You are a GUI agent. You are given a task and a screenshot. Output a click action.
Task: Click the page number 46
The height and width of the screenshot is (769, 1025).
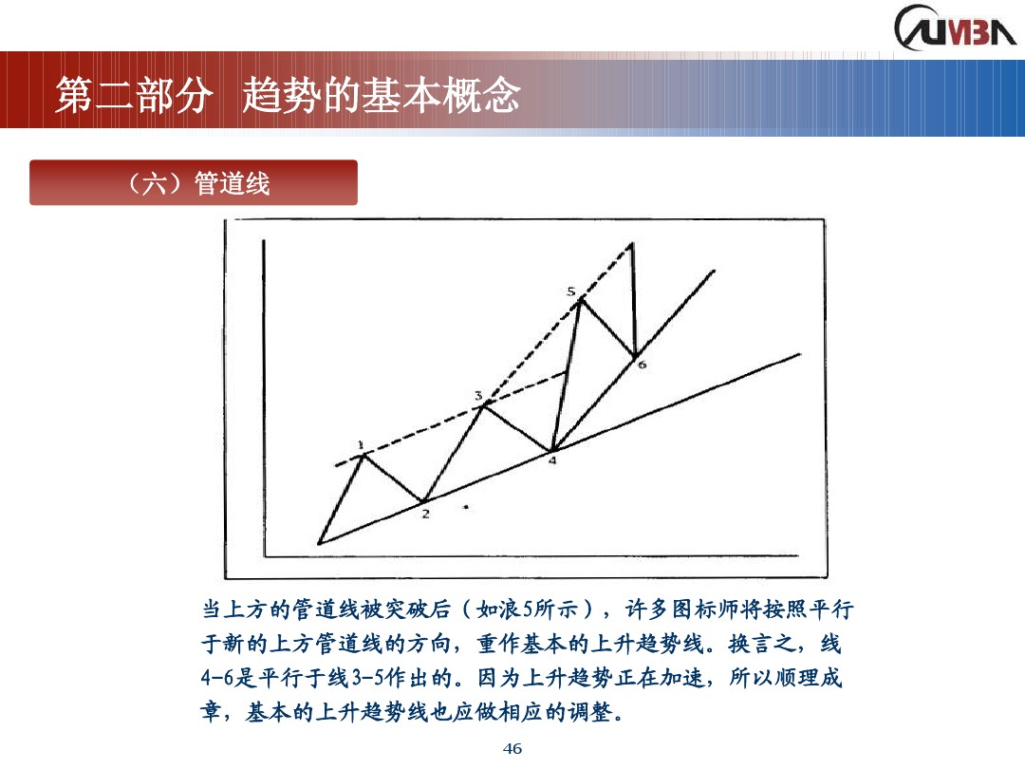tap(512, 749)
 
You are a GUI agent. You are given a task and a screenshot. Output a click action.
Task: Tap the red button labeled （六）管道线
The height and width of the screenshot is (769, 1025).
tap(194, 182)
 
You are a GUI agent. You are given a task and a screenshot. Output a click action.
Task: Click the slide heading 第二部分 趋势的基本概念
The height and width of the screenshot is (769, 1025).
tap(288, 97)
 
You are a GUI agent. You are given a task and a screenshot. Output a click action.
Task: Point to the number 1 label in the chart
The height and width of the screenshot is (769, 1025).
tap(361, 443)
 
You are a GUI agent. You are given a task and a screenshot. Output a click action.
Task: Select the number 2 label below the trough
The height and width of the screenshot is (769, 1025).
tap(425, 515)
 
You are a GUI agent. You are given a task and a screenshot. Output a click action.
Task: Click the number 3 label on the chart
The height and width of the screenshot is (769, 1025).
tap(478, 394)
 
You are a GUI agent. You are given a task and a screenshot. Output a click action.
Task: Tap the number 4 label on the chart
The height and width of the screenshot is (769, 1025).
tap(551, 461)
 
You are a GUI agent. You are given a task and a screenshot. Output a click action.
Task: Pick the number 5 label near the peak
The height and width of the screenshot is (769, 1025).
tap(570, 291)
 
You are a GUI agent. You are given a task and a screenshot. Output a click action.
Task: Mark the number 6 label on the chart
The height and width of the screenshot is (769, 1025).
tap(642, 364)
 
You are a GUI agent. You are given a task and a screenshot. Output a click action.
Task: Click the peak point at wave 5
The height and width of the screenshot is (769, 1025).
tap(580, 300)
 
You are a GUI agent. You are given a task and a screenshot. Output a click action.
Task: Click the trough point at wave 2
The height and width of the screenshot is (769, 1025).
tap(424, 501)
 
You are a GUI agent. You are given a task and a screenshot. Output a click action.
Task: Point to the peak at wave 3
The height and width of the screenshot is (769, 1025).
tap(485, 404)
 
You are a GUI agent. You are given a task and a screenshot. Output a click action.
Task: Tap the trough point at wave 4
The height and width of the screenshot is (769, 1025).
tap(551, 449)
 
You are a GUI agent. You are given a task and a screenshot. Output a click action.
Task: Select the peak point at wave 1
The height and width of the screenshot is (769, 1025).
tap(362, 455)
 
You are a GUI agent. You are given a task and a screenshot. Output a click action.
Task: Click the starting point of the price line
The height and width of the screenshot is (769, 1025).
tap(320, 543)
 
